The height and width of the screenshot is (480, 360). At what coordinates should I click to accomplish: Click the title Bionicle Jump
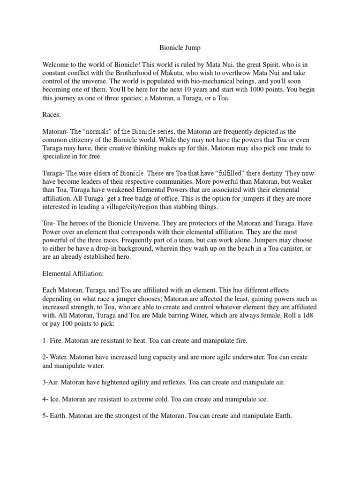pos(180,47)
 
